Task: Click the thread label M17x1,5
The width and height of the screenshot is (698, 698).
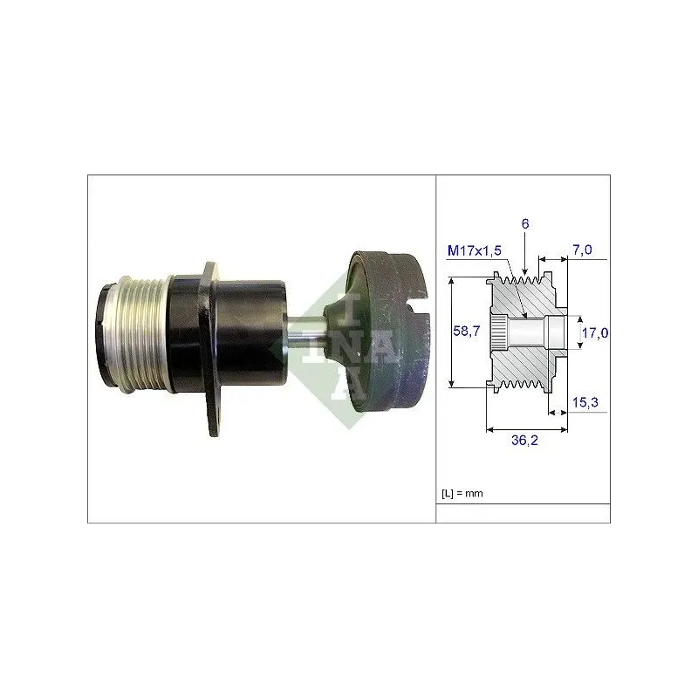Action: (x=476, y=252)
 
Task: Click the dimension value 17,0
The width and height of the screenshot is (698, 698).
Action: (x=595, y=332)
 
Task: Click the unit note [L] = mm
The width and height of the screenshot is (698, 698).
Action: (x=462, y=493)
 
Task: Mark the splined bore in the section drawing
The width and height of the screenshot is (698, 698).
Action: (x=497, y=332)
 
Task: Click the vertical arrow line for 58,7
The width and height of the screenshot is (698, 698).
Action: (x=451, y=332)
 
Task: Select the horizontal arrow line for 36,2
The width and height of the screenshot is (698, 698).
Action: (x=526, y=428)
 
